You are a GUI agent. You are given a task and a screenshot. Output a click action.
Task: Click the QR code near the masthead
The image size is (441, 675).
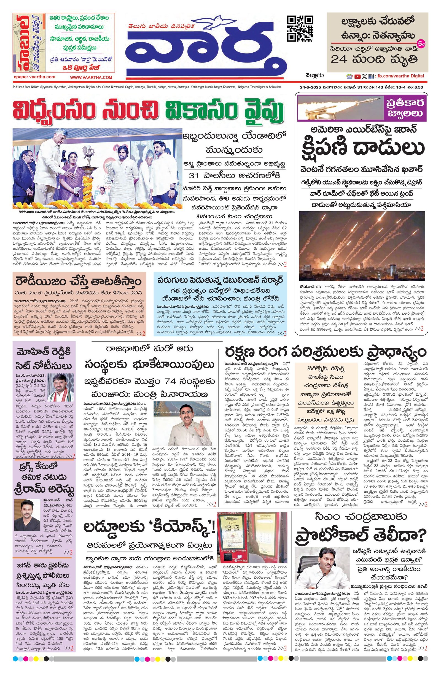click(x=300, y=28)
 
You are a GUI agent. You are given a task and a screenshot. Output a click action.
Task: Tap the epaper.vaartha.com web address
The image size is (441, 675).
click(x=34, y=77)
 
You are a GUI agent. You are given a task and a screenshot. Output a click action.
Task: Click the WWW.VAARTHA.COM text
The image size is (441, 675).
click(x=91, y=77)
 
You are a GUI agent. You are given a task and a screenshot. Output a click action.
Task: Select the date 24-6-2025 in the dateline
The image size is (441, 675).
click(x=310, y=88)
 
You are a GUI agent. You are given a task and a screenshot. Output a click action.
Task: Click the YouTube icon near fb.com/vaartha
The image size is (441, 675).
click(x=357, y=76)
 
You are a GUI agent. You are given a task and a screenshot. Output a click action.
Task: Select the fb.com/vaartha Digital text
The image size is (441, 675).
click(x=400, y=76)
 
